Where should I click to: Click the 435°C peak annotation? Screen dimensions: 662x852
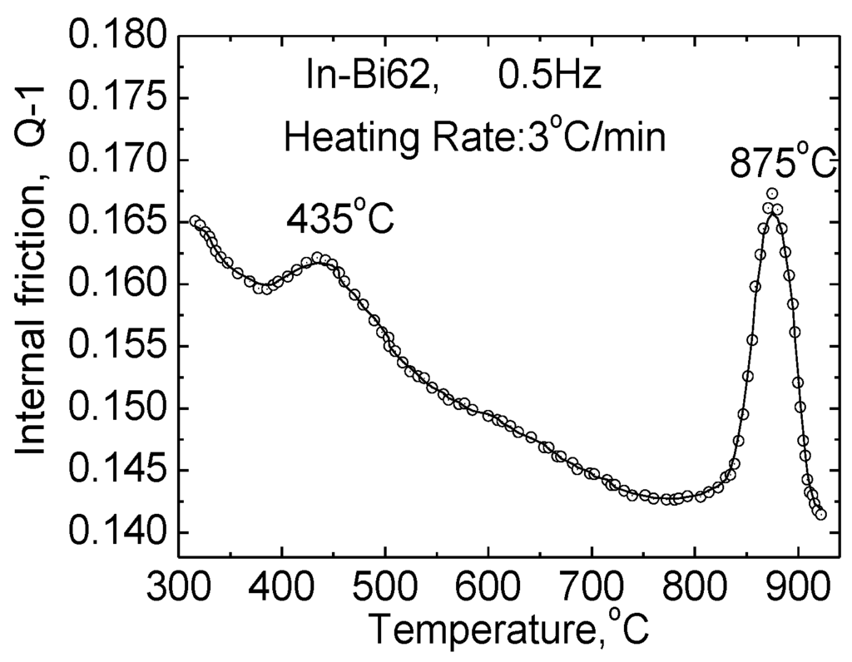[339, 219]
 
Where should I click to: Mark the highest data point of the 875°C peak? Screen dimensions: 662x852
[772, 194]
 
